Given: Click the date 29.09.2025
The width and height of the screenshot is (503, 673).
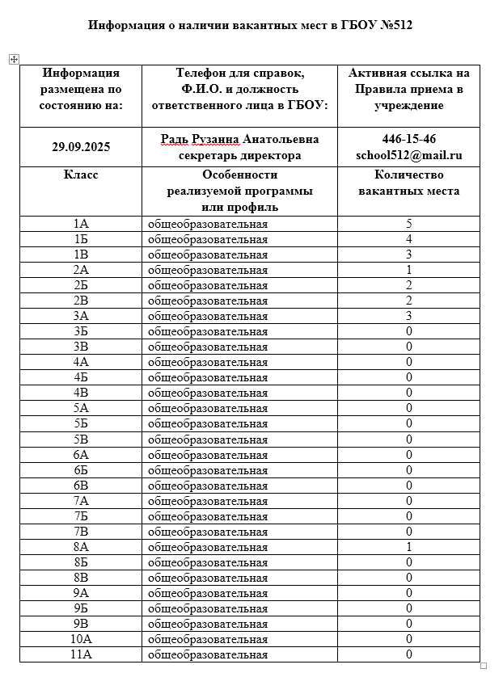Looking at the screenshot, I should (x=81, y=147).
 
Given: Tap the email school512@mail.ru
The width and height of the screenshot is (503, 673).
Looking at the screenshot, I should (x=409, y=155).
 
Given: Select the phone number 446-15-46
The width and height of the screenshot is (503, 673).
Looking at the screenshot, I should (x=409, y=139).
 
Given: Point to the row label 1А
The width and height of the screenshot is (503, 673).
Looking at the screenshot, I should (x=81, y=224).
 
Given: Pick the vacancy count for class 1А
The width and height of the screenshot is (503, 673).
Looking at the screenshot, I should (x=409, y=224).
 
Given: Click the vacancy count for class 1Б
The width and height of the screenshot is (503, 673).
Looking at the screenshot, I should (x=409, y=239).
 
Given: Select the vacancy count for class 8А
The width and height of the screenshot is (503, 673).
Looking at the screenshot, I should (x=409, y=547).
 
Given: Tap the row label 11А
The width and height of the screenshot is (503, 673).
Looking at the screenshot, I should (x=81, y=654).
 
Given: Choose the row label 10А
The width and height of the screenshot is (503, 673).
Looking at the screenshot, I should (x=81, y=639).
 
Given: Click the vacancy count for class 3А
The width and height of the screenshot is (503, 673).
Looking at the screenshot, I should (x=409, y=316).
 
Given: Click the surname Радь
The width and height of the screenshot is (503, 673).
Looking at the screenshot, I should (x=175, y=139).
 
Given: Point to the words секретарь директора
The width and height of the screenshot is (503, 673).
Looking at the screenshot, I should (x=240, y=155).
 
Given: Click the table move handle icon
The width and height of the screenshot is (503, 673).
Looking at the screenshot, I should (x=13, y=59).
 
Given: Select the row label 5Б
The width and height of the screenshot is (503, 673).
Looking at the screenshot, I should (x=81, y=423).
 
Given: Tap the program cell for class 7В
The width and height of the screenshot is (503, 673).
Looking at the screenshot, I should (x=208, y=532).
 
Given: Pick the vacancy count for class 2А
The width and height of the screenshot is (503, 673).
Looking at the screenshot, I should (x=409, y=270).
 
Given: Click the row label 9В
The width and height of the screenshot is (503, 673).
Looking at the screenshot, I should (x=81, y=624).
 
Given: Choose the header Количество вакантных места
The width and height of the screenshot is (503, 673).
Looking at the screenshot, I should (x=409, y=183).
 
